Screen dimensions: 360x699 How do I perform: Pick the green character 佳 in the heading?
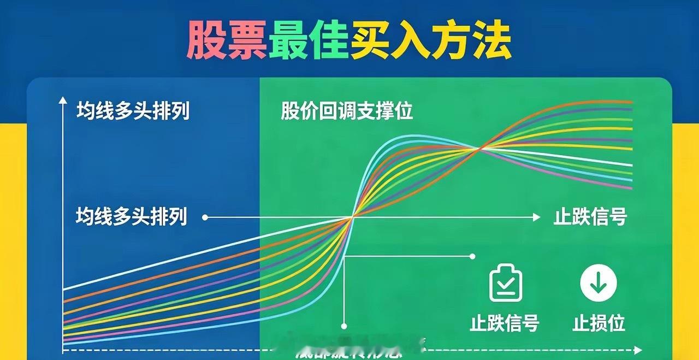(329, 41)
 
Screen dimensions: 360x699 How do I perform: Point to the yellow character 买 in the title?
(371, 41)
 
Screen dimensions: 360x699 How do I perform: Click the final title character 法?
(491, 41)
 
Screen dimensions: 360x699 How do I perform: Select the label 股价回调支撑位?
(347, 111)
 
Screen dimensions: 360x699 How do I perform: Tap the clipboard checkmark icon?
(506, 282)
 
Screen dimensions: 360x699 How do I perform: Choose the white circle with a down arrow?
(599, 284)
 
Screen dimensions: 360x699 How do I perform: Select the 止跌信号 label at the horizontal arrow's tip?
(590, 217)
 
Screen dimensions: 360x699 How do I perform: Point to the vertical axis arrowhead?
(63, 101)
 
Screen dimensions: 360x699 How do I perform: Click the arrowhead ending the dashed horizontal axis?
(637, 350)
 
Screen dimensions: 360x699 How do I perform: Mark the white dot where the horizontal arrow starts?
(205, 217)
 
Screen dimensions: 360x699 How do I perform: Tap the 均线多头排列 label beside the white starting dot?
(132, 217)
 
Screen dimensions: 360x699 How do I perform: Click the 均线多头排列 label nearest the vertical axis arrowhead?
(133, 111)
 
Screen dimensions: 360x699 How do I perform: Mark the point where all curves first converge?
(352, 217)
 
